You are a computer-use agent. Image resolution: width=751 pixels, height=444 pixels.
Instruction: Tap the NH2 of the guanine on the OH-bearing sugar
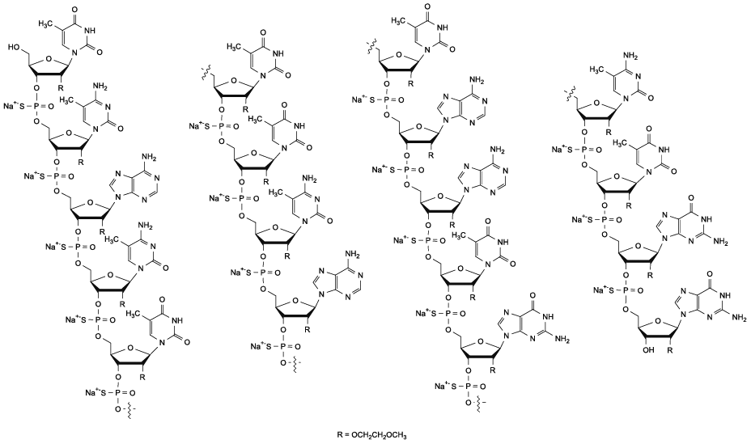coord(736,319)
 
